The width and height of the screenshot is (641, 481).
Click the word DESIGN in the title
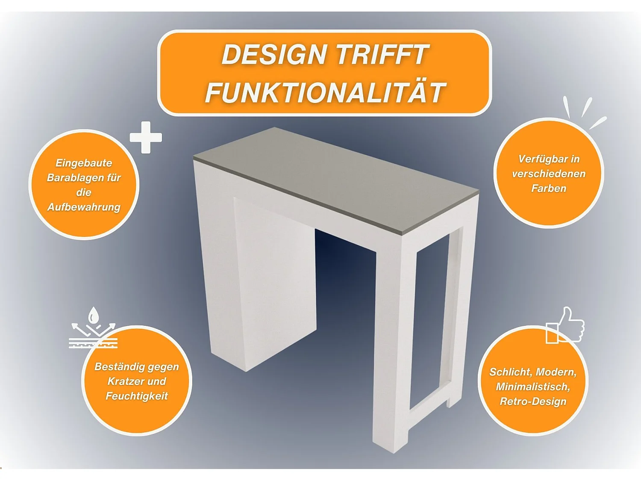(273, 54)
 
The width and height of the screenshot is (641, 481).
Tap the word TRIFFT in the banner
(383, 54)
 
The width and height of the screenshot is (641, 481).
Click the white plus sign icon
(146, 137)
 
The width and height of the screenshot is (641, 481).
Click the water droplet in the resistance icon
(94, 315)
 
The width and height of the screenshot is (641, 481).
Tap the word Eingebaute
(84, 163)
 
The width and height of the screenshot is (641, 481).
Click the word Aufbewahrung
(84, 207)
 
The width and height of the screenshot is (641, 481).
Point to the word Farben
(549, 189)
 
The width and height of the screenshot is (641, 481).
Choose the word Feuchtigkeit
(137, 396)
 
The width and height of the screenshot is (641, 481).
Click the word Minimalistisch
(533, 387)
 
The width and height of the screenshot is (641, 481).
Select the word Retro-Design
(533, 401)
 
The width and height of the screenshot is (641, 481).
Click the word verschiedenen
(549, 174)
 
